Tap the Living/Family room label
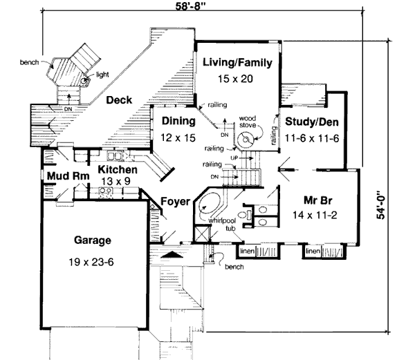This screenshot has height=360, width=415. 237,63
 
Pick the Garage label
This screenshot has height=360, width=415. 93,241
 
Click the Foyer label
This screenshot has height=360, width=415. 176,202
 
